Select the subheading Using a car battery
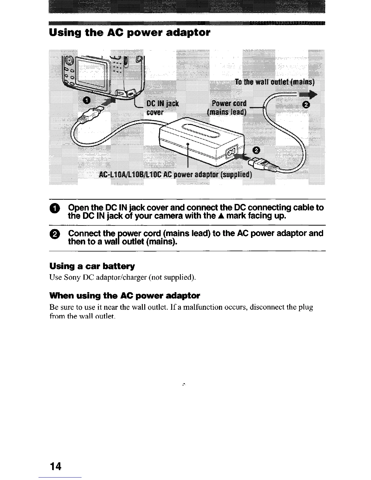tap(92, 266)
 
